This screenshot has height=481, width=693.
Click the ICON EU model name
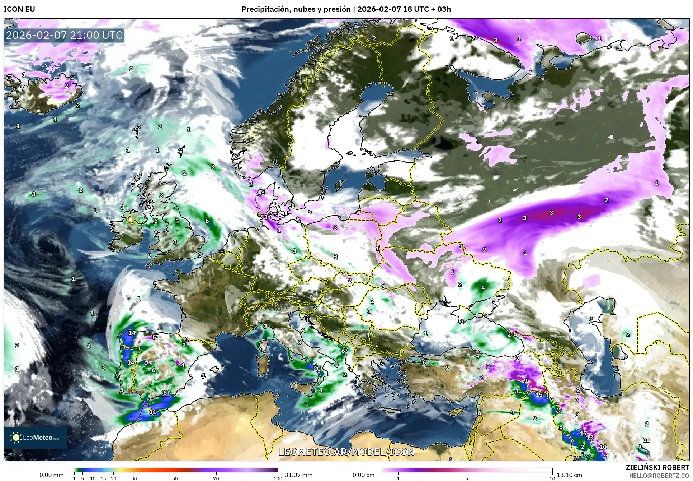(19, 9)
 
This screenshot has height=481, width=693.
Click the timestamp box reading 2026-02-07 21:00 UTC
(65, 35)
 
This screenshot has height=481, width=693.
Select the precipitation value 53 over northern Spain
(156, 337)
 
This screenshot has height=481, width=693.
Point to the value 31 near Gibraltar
(153, 412)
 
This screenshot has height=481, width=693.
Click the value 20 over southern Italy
(317, 369)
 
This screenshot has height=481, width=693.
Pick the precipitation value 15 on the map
(539, 394)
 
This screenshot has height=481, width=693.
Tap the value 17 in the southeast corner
(583, 433)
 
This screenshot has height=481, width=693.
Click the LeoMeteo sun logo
(16, 437)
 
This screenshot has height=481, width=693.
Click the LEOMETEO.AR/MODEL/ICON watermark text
(346, 452)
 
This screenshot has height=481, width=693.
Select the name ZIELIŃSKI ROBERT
(657, 467)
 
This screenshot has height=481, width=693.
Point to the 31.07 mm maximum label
(298, 475)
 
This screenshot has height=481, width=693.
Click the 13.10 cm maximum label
(569, 475)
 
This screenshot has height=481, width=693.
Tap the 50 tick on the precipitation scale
(175, 478)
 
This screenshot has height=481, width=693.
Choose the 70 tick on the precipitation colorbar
(216, 478)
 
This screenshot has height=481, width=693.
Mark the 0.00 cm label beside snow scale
(363, 475)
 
